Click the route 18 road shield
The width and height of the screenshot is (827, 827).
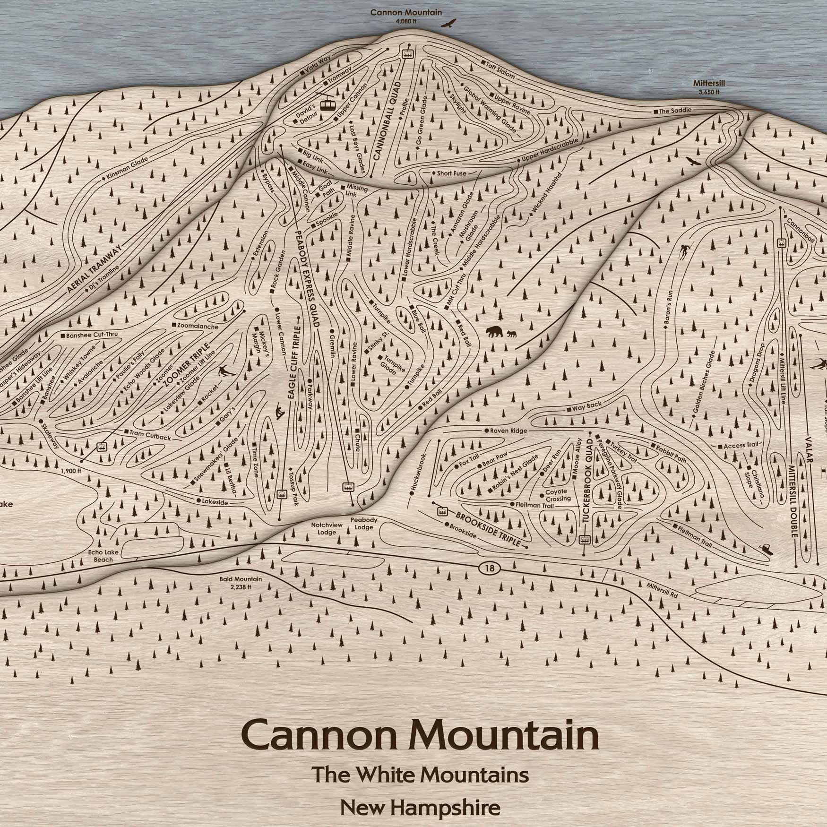click(489, 568)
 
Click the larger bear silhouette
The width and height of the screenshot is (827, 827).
click(494, 332)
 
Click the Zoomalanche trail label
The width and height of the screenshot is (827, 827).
click(195, 326)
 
